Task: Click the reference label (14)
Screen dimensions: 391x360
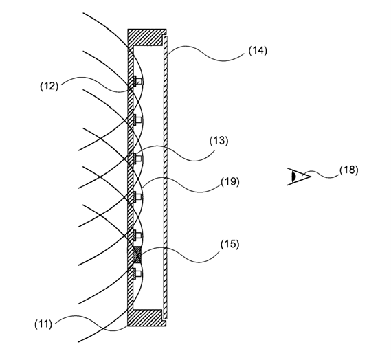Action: coord(258,51)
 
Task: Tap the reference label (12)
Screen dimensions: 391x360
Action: coord(49,87)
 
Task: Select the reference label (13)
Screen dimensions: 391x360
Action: coord(219,141)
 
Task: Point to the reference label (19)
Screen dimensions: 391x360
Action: coord(230,182)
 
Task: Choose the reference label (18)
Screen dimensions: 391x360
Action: coord(349,170)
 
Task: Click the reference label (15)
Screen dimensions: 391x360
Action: coord(230,244)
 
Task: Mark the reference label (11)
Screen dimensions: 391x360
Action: coord(43,324)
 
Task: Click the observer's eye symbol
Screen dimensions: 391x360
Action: coord(299,177)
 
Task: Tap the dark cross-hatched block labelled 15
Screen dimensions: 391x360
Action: coord(137,254)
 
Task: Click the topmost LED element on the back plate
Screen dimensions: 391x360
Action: coord(137,81)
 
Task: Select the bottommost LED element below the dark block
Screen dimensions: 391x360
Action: coord(137,273)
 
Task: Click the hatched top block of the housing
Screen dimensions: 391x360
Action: coord(147,37)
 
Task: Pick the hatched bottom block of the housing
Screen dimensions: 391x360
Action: coord(146,318)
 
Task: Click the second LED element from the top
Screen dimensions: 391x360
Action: coord(137,120)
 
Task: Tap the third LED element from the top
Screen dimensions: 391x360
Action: coord(137,158)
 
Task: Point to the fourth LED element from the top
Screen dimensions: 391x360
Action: coord(137,196)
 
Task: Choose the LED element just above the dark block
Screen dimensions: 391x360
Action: coord(137,235)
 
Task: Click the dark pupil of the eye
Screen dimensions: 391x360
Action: coord(294,177)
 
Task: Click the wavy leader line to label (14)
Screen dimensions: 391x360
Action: coord(205,54)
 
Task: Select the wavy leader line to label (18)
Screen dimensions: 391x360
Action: coord(320,175)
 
